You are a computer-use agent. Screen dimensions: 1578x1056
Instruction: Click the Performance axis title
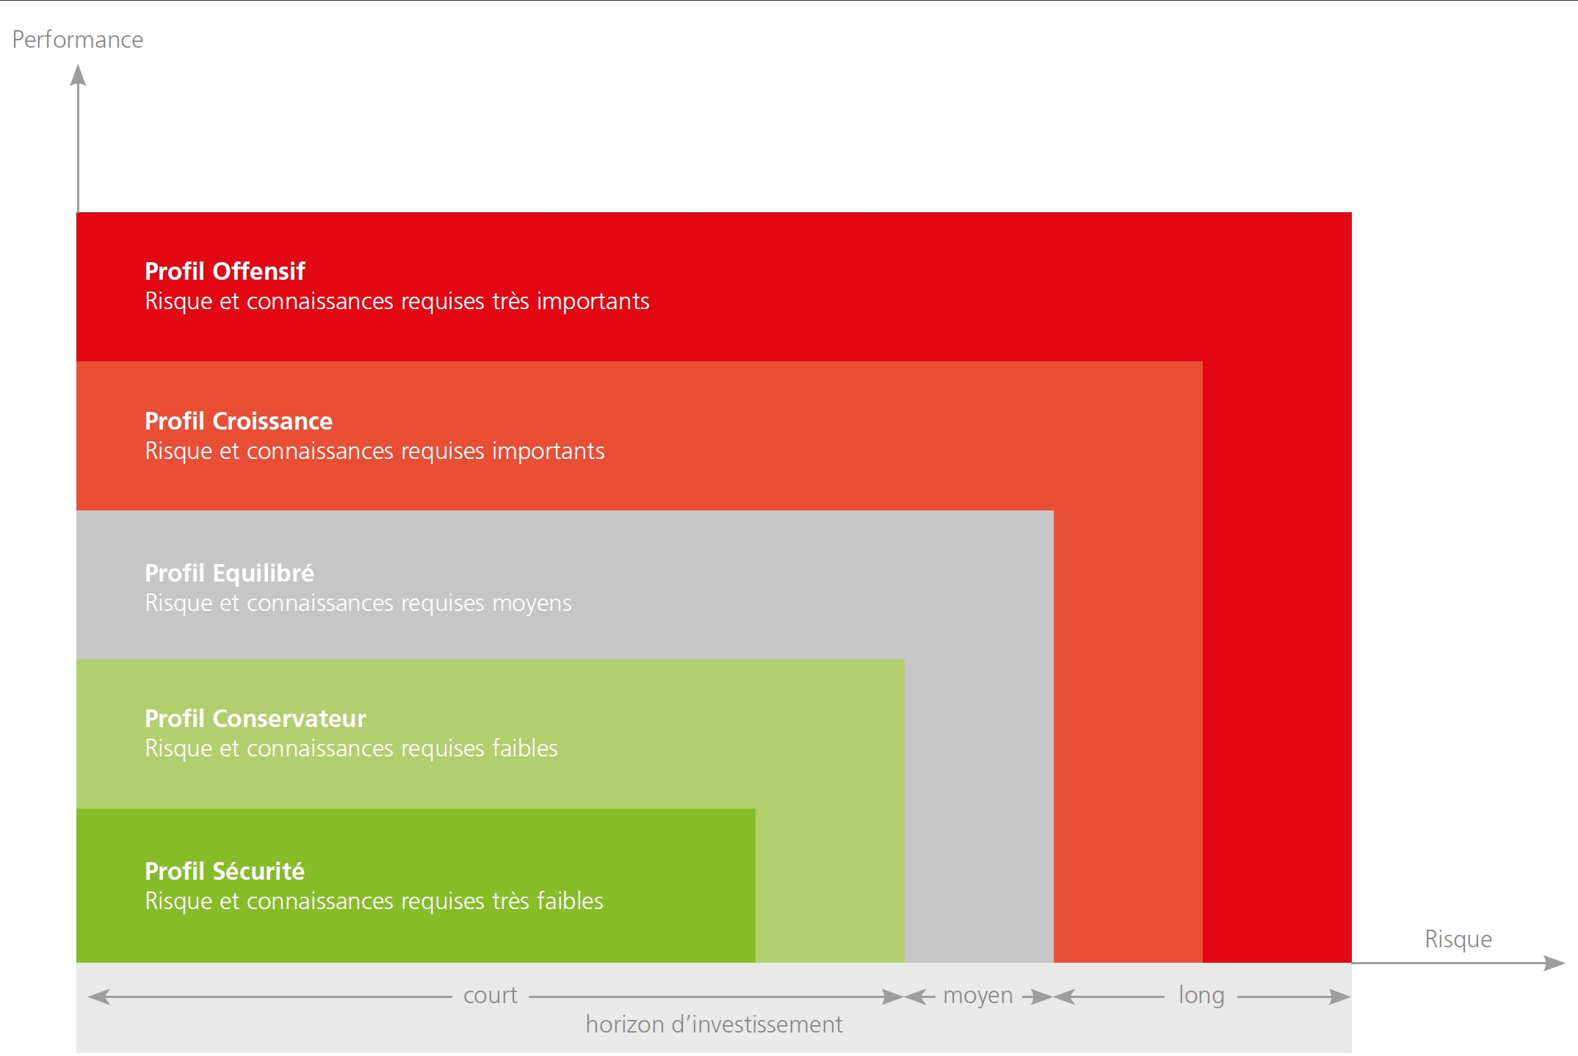pyautogui.click(x=77, y=40)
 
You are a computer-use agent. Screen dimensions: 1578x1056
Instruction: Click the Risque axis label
pyautogui.click(x=1458, y=939)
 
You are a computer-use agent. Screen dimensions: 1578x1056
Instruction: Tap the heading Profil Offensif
pyautogui.click(x=225, y=272)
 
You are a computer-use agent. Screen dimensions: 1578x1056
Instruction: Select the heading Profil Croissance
pyautogui.click(x=239, y=422)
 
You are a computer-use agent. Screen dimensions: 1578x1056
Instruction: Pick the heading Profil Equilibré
pyautogui.click(x=229, y=573)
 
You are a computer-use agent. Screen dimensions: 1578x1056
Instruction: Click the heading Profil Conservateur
pyautogui.click(x=256, y=718)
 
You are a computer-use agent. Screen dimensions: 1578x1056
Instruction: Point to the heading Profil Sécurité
pyautogui.click(x=225, y=871)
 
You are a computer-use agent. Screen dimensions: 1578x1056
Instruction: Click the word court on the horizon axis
pyautogui.click(x=491, y=996)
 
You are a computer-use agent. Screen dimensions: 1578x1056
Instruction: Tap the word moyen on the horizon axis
pyautogui.click(x=978, y=997)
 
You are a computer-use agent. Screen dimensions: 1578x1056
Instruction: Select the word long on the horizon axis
pyautogui.click(x=1201, y=996)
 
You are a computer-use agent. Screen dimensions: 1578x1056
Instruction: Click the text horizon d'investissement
pyautogui.click(x=714, y=1024)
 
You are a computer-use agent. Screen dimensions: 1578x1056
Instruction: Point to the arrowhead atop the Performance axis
pyautogui.click(x=78, y=75)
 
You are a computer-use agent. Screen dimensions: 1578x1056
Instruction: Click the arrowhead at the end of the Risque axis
pyautogui.click(x=1555, y=963)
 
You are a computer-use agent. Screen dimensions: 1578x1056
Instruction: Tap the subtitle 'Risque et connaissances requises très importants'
pyautogui.click(x=397, y=302)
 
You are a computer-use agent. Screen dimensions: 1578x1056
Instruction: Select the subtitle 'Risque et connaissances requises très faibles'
pyautogui.click(x=374, y=901)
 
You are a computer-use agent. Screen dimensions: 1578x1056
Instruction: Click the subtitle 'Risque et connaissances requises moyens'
pyautogui.click(x=358, y=603)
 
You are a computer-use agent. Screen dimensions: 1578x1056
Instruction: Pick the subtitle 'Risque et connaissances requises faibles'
pyautogui.click(x=351, y=748)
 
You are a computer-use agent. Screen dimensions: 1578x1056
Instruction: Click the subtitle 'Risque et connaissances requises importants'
pyautogui.click(x=374, y=451)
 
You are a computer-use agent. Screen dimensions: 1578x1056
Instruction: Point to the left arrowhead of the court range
pyautogui.click(x=99, y=997)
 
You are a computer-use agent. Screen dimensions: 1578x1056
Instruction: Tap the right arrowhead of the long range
pyautogui.click(x=1340, y=997)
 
